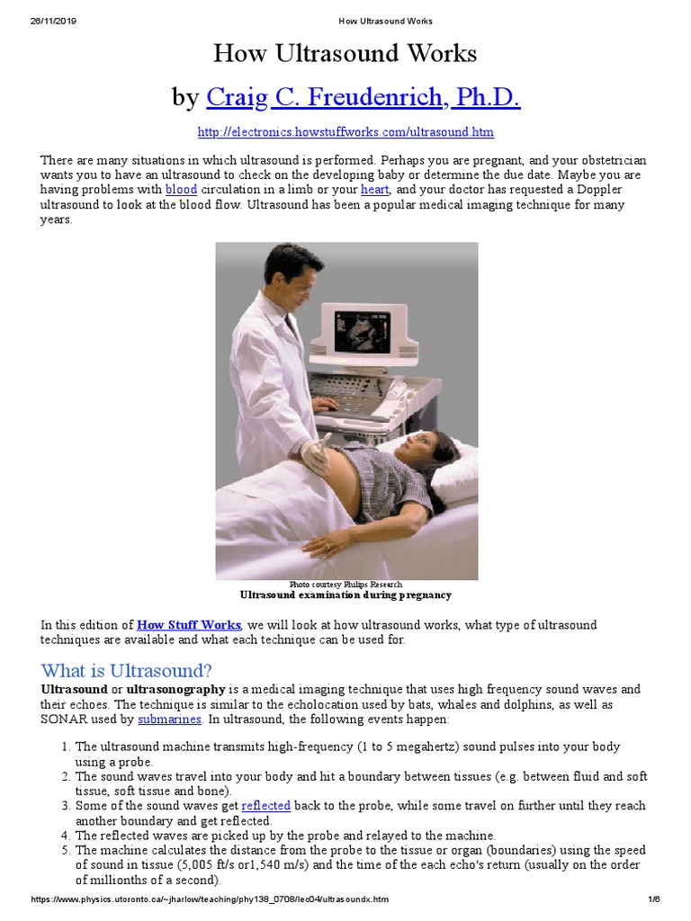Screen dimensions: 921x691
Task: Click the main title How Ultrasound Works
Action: (x=345, y=54)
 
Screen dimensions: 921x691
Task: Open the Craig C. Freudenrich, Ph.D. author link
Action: (x=363, y=97)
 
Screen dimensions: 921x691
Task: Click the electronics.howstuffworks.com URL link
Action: (x=345, y=132)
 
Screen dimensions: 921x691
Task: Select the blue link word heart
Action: (x=374, y=190)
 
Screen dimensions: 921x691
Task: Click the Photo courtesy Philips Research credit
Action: (x=345, y=585)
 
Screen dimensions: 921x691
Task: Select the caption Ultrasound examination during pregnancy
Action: (x=345, y=595)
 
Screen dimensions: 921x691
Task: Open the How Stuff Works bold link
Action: (x=189, y=625)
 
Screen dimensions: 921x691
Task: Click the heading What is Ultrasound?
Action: (x=126, y=670)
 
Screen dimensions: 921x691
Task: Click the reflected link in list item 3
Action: (x=265, y=807)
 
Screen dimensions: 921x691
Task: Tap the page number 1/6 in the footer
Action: (x=653, y=899)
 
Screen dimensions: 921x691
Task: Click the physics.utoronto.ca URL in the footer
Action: (x=211, y=899)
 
